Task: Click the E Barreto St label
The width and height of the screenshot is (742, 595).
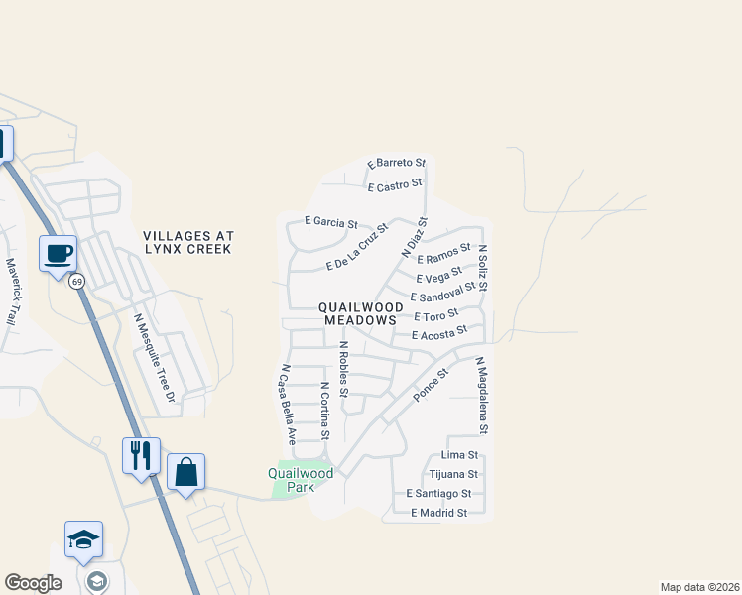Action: [396, 163]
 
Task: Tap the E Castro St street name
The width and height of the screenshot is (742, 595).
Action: [396, 187]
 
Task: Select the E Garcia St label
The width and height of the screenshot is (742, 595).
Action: [330, 224]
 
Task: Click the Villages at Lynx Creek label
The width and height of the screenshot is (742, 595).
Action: [187, 243]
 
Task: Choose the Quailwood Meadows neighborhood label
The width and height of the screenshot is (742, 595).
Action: [358, 314]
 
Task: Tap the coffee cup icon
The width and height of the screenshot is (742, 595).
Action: [59, 253]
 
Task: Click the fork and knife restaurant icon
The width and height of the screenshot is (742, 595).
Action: [141, 455]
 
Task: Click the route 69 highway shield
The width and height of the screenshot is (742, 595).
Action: [76, 282]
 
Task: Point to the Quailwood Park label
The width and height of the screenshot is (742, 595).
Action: [301, 480]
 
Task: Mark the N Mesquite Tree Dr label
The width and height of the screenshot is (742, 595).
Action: [154, 358]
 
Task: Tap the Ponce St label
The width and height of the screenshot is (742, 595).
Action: [432, 385]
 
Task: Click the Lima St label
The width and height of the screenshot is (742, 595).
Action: [460, 455]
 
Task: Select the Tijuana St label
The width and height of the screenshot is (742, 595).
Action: [454, 474]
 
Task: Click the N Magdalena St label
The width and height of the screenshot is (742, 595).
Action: [482, 397]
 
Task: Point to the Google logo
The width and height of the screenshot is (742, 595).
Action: [33, 583]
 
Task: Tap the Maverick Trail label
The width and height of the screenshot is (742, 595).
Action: [12, 293]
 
